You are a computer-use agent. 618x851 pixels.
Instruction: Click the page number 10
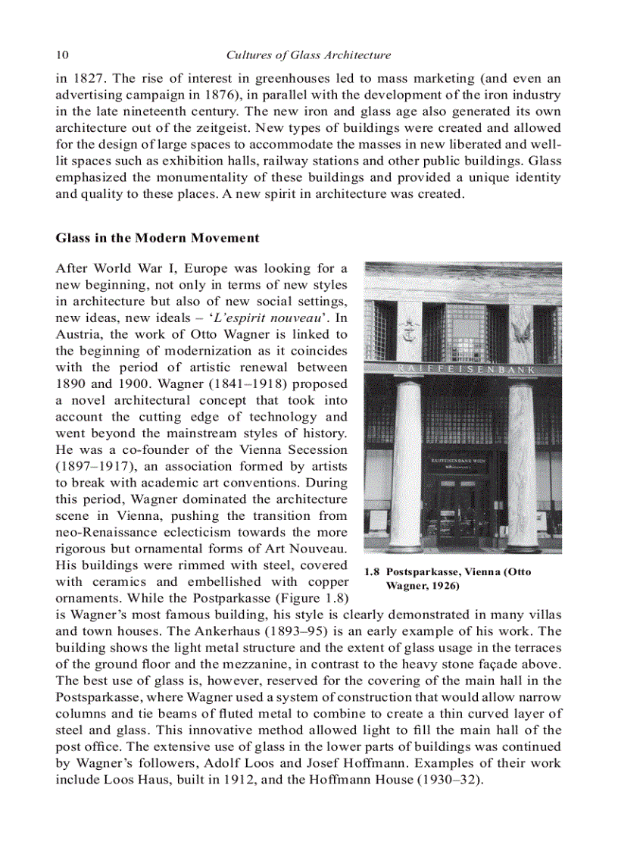tap(62, 55)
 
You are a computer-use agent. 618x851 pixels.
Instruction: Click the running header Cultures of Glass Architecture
tap(309, 55)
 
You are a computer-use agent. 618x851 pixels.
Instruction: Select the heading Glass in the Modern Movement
tap(157, 238)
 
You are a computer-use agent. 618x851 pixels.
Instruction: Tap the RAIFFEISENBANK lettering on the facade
tap(463, 369)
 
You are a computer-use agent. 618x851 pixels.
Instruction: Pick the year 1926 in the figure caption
tap(442, 587)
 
